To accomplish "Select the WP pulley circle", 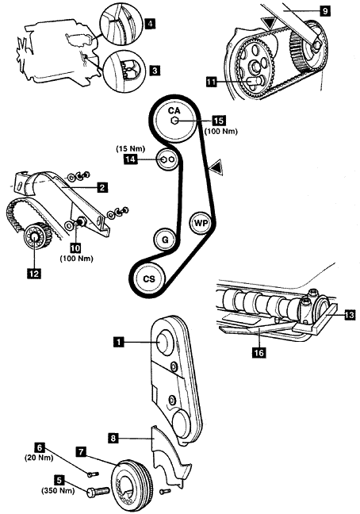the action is click(201, 223).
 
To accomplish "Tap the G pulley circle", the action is click(165, 240).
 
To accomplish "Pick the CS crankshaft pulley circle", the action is click(149, 278).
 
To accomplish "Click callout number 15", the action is click(219, 121).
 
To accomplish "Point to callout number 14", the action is click(130, 159).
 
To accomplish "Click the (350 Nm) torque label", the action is click(58, 491).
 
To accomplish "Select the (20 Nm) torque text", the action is click(39, 458).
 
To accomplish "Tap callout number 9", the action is click(324, 11).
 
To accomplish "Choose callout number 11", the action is click(212, 81).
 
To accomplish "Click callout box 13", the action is click(350, 316).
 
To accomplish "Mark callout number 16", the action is click(259, 352).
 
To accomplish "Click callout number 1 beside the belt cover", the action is click(119, 342).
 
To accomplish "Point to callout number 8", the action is click(113, 438).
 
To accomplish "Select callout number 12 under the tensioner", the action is click(34, 273).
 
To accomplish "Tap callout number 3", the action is click(155, 70).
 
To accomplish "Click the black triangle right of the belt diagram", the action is click(216, 167).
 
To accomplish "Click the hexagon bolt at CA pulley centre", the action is click(174, 121).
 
